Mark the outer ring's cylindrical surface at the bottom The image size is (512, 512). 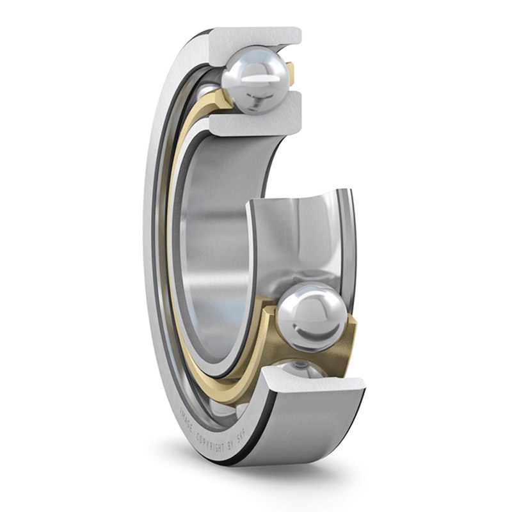click(x=307, y=429)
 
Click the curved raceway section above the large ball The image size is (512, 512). click(x=301, y=243)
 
